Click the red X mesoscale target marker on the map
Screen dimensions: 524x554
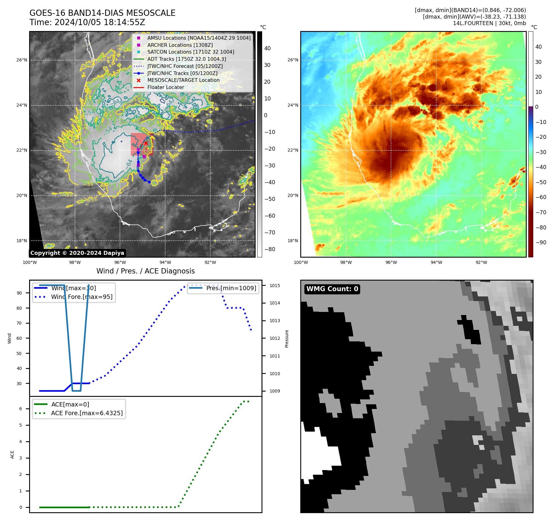pyautogui.click(x=146, y=143)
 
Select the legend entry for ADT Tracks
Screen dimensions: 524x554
pyautogui.click(x=187, y=59)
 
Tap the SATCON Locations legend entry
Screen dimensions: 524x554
pyautogui.click(x=191, y=52)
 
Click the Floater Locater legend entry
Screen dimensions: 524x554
pyautogui.click(x=165, y=87)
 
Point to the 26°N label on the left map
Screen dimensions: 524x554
pyautogui.click(x=22, y=60)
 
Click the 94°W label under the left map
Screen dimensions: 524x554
pyautogui.click(x=165, y=262)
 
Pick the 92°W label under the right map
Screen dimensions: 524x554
pyautogui.click(x=481, y=262)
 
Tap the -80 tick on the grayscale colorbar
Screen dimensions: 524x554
pyautogui.click(x=270, y=249)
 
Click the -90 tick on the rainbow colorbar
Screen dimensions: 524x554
pyautogui.click(x=541, y=242)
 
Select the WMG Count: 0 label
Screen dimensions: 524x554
pyautogui.click(x=332, y=289)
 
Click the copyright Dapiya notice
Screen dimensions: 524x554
pyautogui.click(x=77, y=253)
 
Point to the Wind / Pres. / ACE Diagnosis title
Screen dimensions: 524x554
pyautogui.click(x=146, y=271)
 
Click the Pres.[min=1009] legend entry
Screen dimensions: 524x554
pyautogui.click(x=231, y=288)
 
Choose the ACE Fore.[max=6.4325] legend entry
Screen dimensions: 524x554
pyautogui.click(x=87, y=413)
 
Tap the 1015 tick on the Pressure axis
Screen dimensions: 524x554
pyautogui.click(x=275, y=286)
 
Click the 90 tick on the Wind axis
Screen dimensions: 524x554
pyautogui.click(x=19, y=293)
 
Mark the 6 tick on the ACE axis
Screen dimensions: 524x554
pyautogui.click(x=20, y=409)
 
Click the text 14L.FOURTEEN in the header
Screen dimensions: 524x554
pyautogui.click(x=473, y=23)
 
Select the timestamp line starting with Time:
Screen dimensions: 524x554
pyautogui.click(x=87, y=22)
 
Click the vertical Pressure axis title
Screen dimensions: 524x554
pyautogui.click(x=287, y=339)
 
